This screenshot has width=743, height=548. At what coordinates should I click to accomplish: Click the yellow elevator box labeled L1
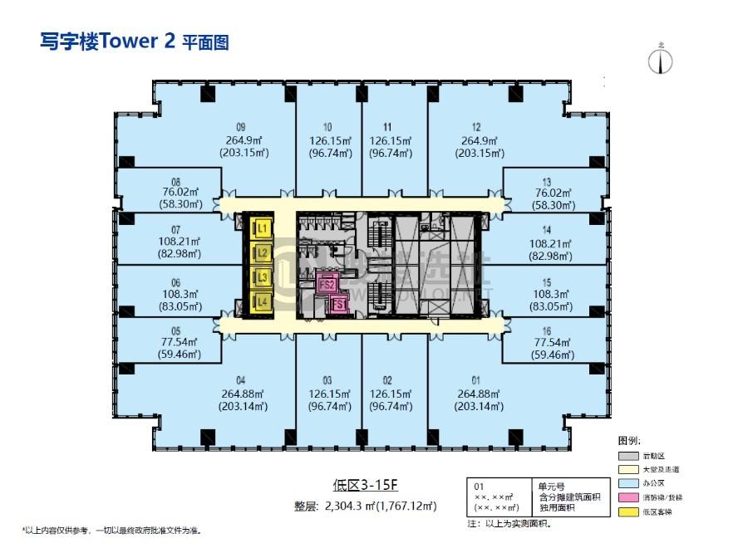pos(262,227)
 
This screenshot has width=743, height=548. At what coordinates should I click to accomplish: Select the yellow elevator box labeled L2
pos(262,252)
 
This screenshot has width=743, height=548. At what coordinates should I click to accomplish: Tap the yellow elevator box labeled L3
pos(262,276)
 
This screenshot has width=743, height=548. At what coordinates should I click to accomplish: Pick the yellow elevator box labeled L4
pos(262,301)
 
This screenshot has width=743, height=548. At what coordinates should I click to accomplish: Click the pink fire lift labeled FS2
pos(327,285)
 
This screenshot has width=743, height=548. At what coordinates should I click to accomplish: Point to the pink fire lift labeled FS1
pos(338,305)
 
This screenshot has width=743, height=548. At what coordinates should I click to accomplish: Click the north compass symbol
pos(662,60)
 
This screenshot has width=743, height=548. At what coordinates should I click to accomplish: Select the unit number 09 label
pos(240,127)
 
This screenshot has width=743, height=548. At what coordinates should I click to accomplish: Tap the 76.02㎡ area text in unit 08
pos(175,192)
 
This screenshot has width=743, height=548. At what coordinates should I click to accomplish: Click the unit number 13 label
pos(546,181)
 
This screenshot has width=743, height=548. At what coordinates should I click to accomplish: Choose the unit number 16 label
pos(546,330)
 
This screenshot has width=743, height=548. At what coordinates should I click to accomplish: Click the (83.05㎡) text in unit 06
pos(175,306)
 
